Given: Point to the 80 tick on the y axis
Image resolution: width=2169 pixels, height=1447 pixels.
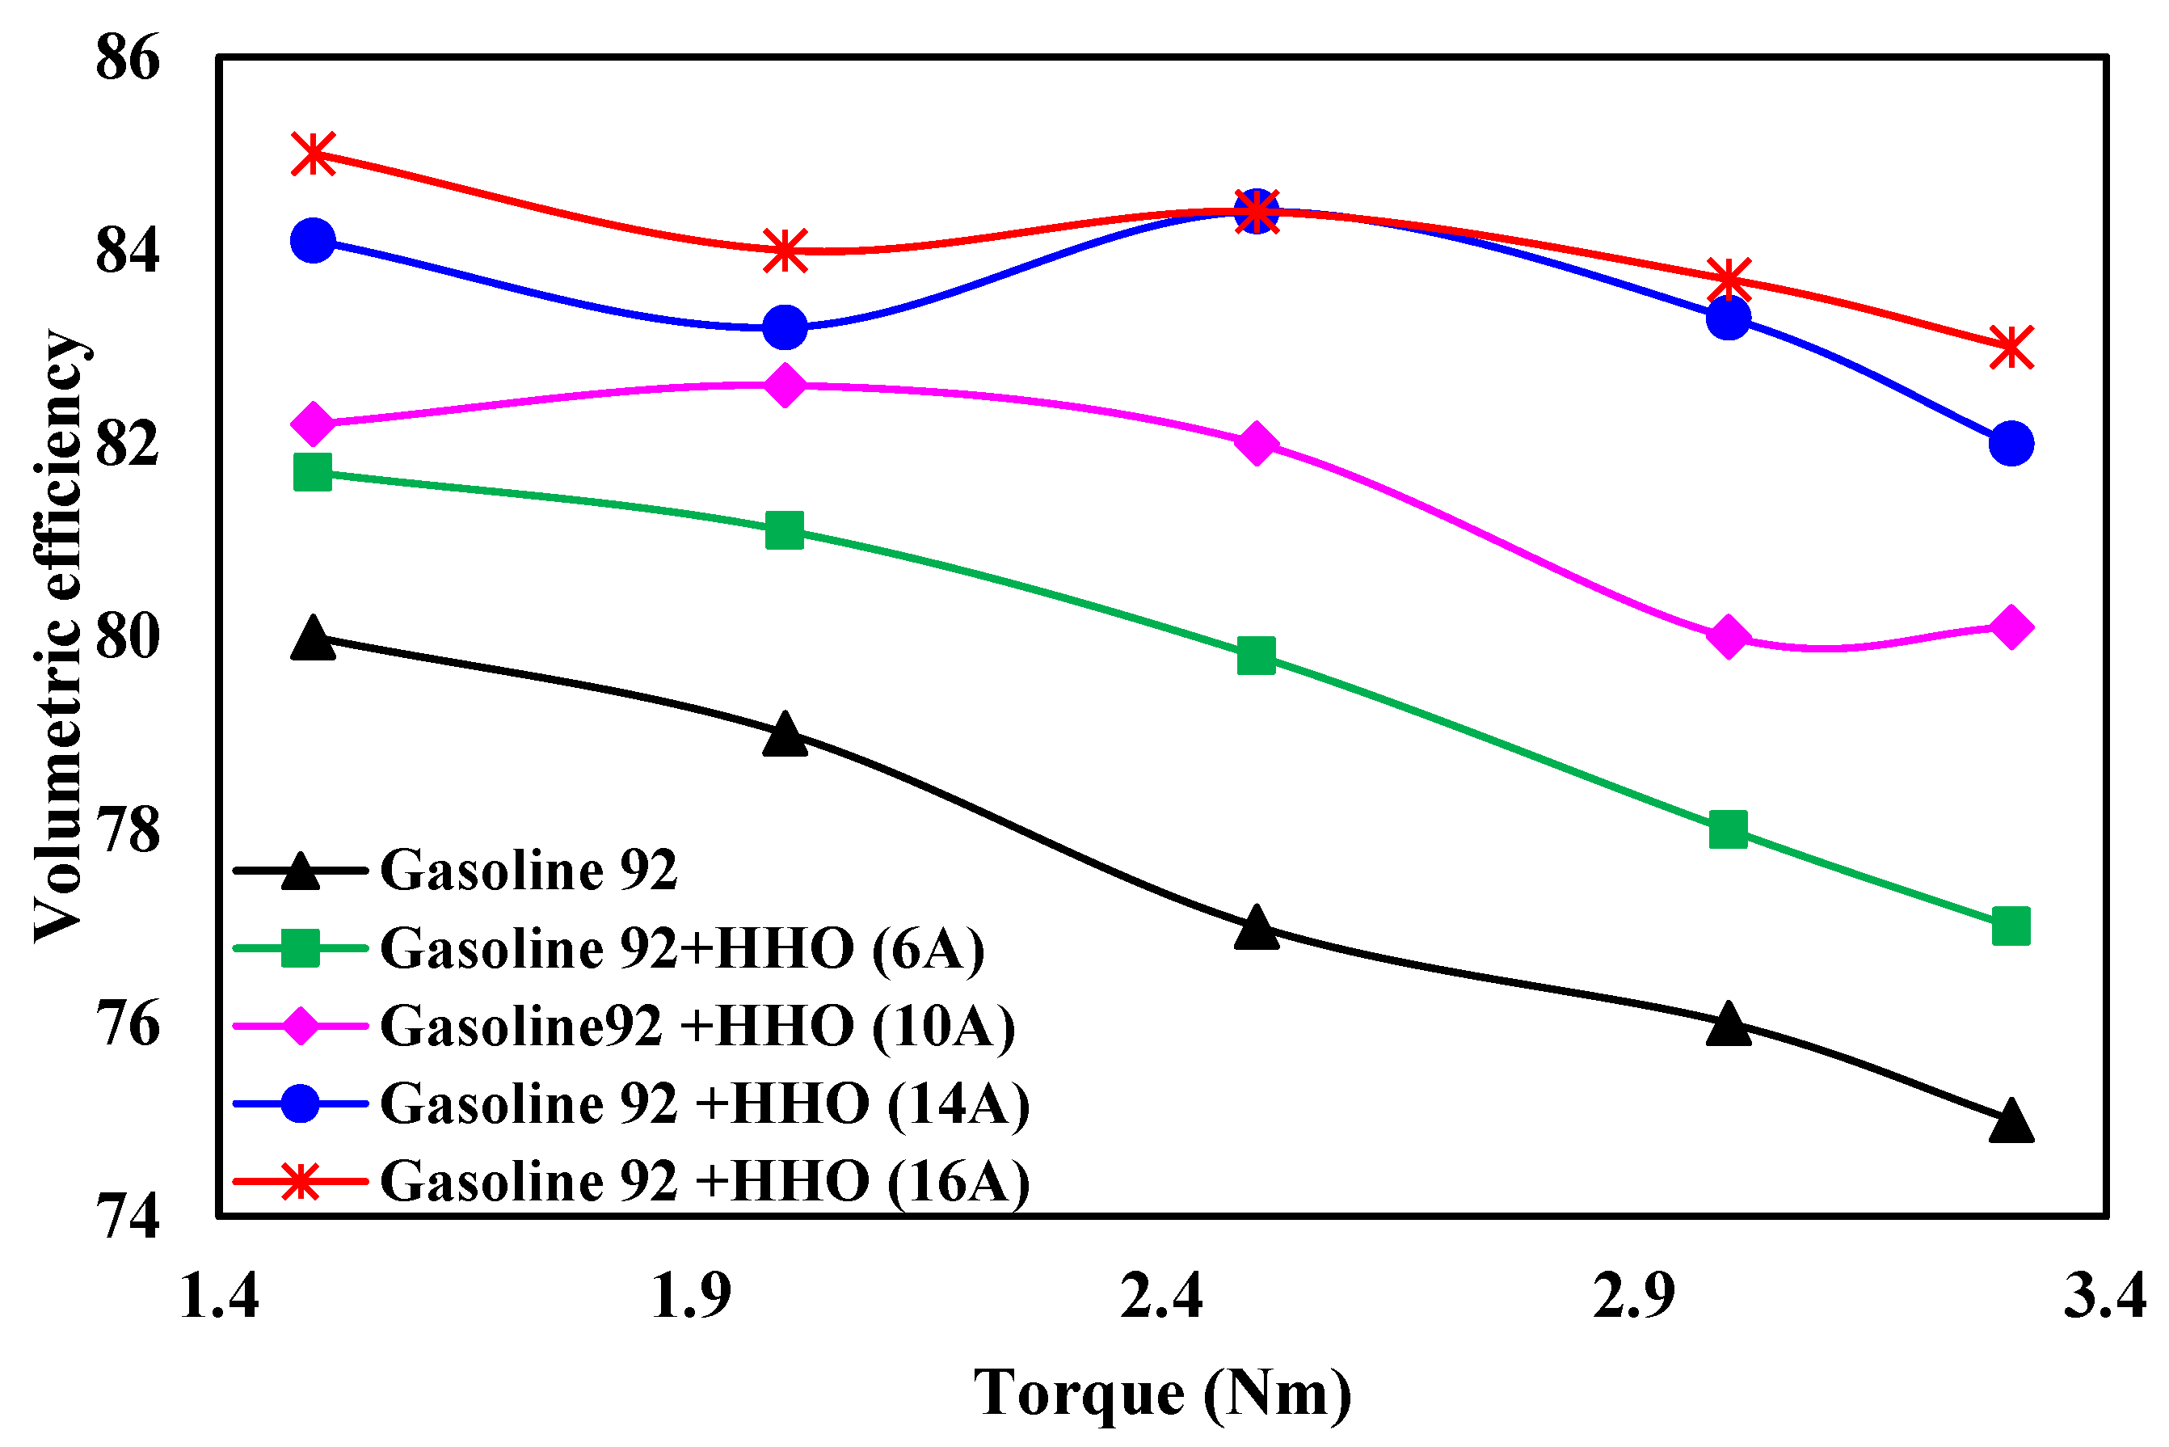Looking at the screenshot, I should coord(128,637).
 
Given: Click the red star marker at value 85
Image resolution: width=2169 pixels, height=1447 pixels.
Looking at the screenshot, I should coord(313,154).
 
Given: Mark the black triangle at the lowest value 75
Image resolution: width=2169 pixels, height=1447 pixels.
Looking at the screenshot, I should coord(2011,1122).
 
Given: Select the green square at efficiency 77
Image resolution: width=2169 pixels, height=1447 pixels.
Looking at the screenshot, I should coord(2011,926).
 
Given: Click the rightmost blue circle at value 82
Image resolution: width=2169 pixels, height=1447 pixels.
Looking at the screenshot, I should coord(2011,444).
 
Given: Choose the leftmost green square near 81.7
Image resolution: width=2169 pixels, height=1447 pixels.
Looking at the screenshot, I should coord(313,472).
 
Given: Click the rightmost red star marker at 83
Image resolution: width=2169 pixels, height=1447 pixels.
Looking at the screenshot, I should coord(2011,348).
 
